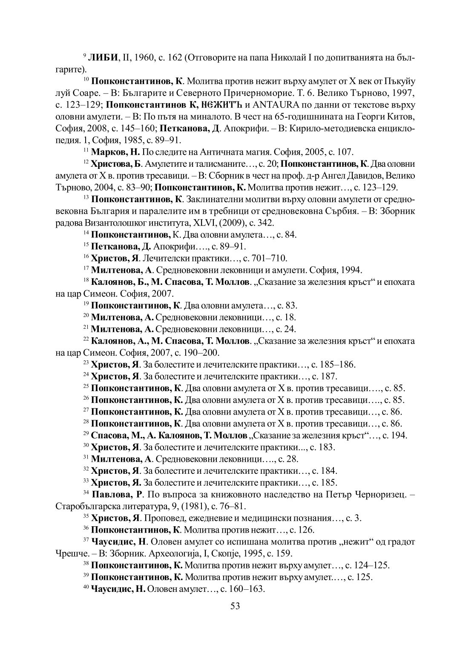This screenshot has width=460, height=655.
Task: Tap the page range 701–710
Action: pos(272,258)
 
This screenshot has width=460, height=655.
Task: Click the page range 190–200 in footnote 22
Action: pos(203,353)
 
